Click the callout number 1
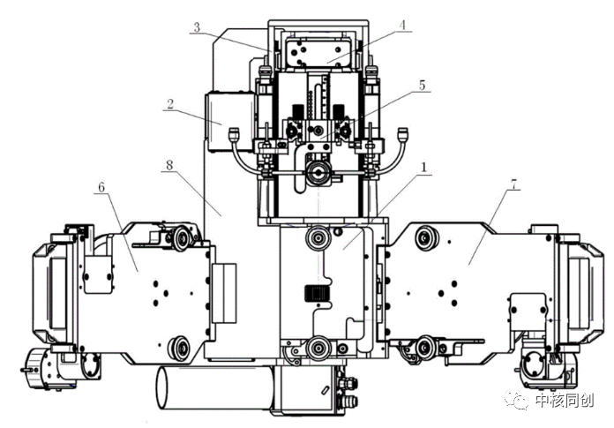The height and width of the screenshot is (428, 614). tap(424, 166)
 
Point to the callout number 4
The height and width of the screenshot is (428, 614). tap(402, 26)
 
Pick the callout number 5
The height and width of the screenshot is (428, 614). tap(423, 86)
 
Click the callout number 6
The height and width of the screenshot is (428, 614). tap(101, 188)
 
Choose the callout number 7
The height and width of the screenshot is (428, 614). tap(513, 188)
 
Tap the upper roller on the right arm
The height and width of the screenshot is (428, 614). tap(429, 237)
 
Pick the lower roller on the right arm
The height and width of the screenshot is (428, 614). tap(427, 347)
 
